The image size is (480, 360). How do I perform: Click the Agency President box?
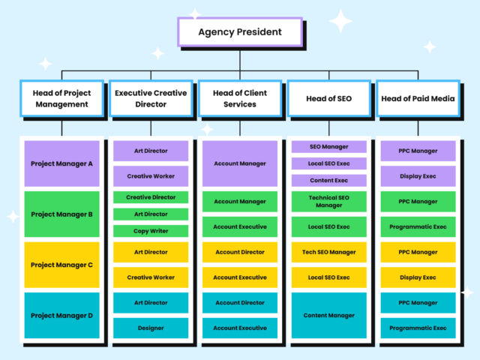(x=240, y=32)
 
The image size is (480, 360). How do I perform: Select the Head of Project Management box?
(x=61, y=98)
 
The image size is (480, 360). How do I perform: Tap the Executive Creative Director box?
(x=151, y=98)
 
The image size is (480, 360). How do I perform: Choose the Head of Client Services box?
(x=240, y=98)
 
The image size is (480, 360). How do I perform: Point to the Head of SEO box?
(x=328, y=98)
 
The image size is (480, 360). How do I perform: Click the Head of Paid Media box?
(x=418, y=98)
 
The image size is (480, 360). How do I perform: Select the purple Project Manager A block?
(x=61, y=163)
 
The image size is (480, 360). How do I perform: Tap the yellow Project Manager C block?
(x=61, y=265)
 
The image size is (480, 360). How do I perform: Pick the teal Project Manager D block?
(x=61, y=315)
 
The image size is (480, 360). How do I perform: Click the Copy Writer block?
(x=151, y=231)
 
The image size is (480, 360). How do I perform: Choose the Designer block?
(x=151, y=328)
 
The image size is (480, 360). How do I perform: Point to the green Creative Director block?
(x=151, y=197)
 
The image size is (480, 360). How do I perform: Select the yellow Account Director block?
(x=240, y=252)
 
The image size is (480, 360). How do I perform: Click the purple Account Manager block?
(x=240, y=163)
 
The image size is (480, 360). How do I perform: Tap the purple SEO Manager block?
(x=328, y=147)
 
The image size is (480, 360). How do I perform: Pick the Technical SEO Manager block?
(x=328, y=201)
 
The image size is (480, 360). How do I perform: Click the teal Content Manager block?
(x=328, y=315)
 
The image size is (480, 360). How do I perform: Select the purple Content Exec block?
(x=328, y=180)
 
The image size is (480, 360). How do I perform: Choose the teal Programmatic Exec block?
(x=418, y=328)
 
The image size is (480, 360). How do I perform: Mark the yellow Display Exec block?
(x=418, y=277)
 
